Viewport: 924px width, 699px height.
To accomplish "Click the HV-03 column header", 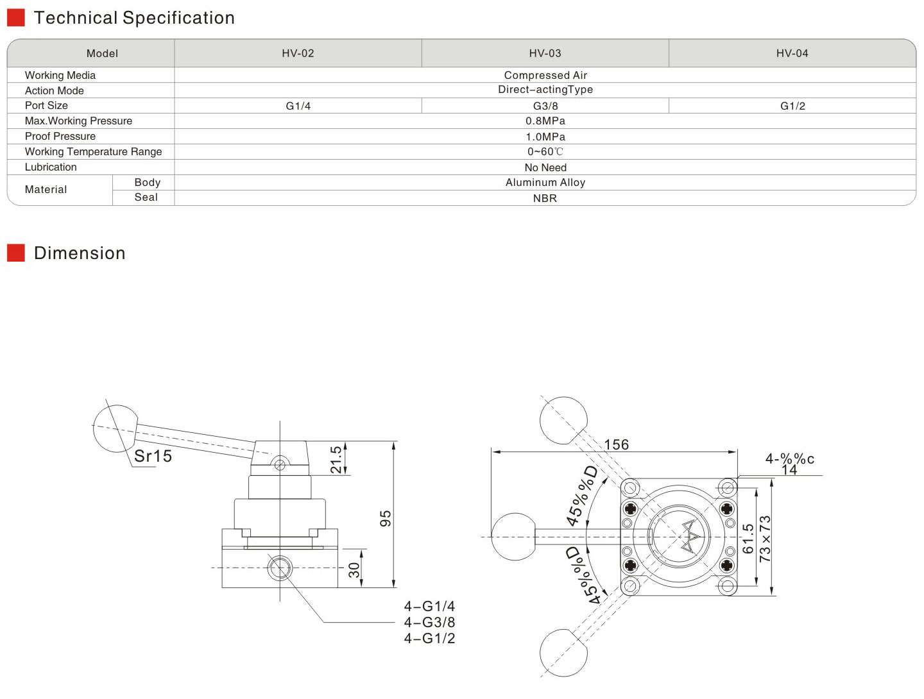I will pyautogui.click(x=545, y=53).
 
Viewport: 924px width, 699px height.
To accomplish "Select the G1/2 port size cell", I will pyautogui.click(x=792, y=106).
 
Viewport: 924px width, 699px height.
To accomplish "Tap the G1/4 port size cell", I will pyautogui.click(x=298, y=106).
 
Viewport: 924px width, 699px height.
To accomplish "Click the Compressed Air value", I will pyautogui.click(x=545, y=75).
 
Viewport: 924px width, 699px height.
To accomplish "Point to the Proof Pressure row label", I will pyautogui.click(x=60, y=136).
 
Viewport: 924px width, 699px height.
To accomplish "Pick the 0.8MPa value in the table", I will pyautogui.click(x=545, y=121).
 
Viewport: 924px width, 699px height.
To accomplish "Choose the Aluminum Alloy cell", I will pyautogui.click(x=545, y=183).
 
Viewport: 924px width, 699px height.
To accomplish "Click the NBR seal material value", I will pyautogui.click(x=545, y=198).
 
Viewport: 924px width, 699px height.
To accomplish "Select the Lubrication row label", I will pyautogui.click(x=51, y=167).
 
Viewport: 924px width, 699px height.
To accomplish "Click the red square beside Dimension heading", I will pyautogui.click(x=16, y=253).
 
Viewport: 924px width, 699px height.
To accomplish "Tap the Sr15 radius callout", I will pyautogui.click(x=153, y=456).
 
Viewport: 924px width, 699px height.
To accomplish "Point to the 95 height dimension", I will pyautogui.click(x=385, y=518).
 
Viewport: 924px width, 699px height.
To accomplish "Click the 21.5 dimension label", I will pyautogui.click(x=336, y=460).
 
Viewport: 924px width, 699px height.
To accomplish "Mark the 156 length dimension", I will pyautogui.click(x=616, y=444).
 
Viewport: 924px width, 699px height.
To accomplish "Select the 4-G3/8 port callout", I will pyautogui.click(x=429, y=622).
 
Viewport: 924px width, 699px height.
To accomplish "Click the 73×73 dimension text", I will pyautogui.click(x=765, y=539).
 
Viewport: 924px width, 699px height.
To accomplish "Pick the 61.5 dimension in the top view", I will pyautogui.click(x=748, y=539).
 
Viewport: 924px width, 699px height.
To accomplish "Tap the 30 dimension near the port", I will pyautogui.click(x=354, y=570).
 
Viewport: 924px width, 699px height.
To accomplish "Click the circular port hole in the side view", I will pyautogui.click(x=280, y=568).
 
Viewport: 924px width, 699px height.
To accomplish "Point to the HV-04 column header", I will pyautogui.click(x=792, y=53).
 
